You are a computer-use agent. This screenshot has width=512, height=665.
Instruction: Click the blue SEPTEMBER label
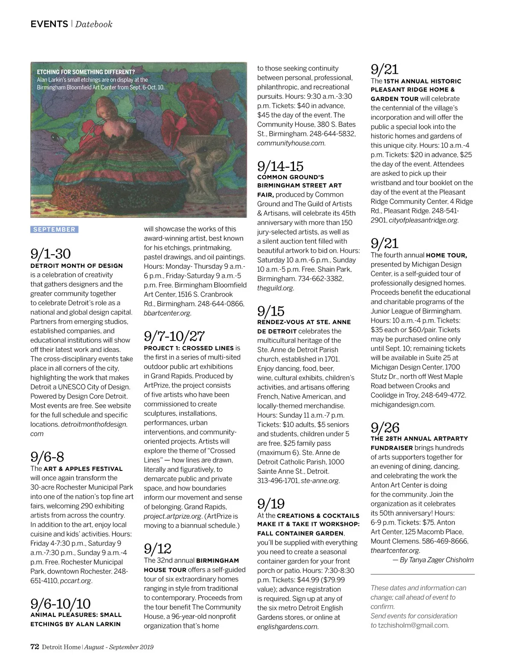pyautogui.click(x=54, y=229)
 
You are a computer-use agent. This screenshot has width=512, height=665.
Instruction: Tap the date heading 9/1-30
pyautogui.click(x=50, y=254)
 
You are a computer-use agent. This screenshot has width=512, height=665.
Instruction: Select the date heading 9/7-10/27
pyautogui.click(x=174, y=336)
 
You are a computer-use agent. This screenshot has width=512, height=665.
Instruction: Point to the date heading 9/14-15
pyautogui.click(x=280, y=166)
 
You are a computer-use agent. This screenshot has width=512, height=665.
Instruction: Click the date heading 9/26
pyautogui.click(x=385, y=427)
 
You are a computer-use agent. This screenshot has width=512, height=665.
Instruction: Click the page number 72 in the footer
pyautogui.click(x=35, y=646)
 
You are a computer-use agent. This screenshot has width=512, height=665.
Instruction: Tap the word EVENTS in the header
pyautogui.click(x=49, y=24)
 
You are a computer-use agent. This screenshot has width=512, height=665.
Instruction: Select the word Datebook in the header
pyautogui.click(x=94, y=24)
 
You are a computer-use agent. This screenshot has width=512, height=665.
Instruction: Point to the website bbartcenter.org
pyautogui.click(x=167, y=313)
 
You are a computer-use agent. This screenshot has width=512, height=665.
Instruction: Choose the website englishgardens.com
pyautogui.click(x=288, y=627)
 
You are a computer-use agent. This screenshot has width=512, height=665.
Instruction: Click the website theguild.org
pyautogui.click(x=275, y=288)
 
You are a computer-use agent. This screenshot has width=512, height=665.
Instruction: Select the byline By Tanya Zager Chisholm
pyautogui.click(x=433, y=560)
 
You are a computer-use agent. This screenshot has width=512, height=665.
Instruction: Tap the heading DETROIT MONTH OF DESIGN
pyautogui.click(x=76, y=266)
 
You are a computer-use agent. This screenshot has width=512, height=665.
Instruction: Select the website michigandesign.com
pyautogui.click(x=403, y=404)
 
